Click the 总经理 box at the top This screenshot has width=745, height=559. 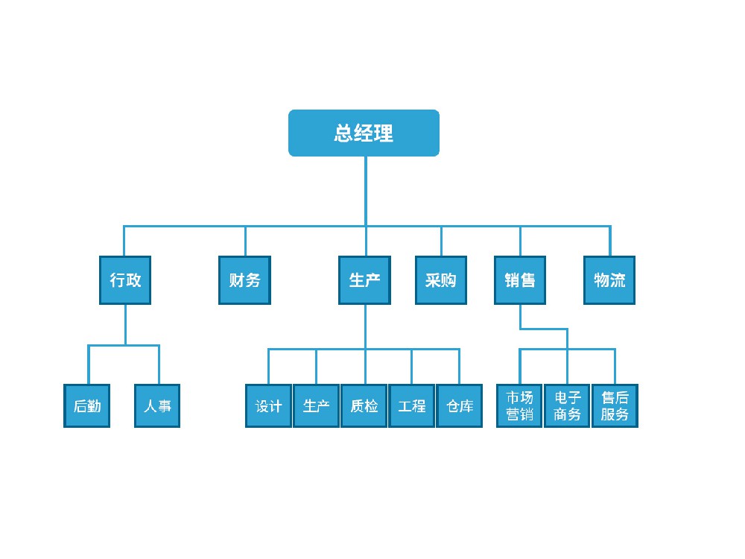(x=364, y=133)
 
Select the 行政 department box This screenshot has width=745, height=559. (x=125, y=280)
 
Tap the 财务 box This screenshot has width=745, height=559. (x=244, y=280)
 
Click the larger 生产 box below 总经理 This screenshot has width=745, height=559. (x=364, y=280)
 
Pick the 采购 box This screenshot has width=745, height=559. (x=440, y=280)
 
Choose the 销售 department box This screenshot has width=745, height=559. (x=520, y=280)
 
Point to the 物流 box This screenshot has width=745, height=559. (x=609, y=280)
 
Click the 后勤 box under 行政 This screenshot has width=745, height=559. (x=86, y=406)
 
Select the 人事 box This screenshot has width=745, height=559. (x=157, y=406)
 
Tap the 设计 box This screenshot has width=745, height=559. (x=268, y=406)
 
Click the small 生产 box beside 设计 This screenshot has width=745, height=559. (x=317, y=406)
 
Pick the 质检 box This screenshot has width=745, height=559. (x=364, y=406)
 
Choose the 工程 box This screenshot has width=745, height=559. (x=412, y=406)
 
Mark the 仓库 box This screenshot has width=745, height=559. (x=460, y=406)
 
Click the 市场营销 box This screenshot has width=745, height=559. (x=520, y=406)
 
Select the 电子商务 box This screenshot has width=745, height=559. (x=567, y=406)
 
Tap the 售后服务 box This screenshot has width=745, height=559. (x=615, y=406)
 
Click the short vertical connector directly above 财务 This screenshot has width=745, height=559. (x=245, y=241)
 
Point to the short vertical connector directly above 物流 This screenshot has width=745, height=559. (x=609, y=241)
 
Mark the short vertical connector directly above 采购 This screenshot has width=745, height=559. (x=441, y=241)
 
